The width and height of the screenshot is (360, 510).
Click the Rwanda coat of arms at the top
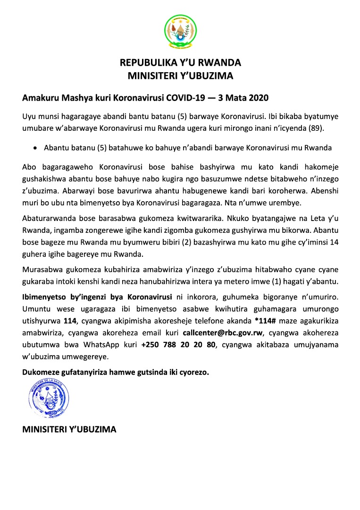180,32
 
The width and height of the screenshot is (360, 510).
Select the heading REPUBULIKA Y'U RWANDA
180,62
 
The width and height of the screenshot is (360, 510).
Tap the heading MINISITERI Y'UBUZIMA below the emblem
180,75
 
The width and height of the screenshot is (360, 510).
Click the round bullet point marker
35,148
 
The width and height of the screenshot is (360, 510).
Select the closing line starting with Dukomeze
116,372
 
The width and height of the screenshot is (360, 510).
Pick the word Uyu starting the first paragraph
28,116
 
